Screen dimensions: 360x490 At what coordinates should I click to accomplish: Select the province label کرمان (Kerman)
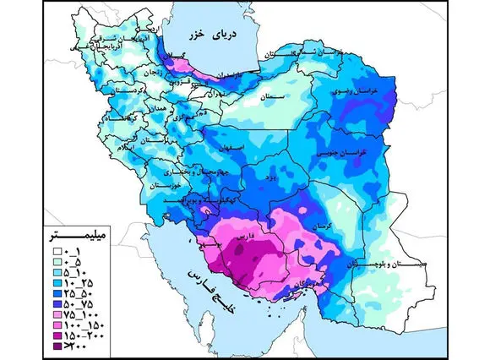[x=318, y=227]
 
